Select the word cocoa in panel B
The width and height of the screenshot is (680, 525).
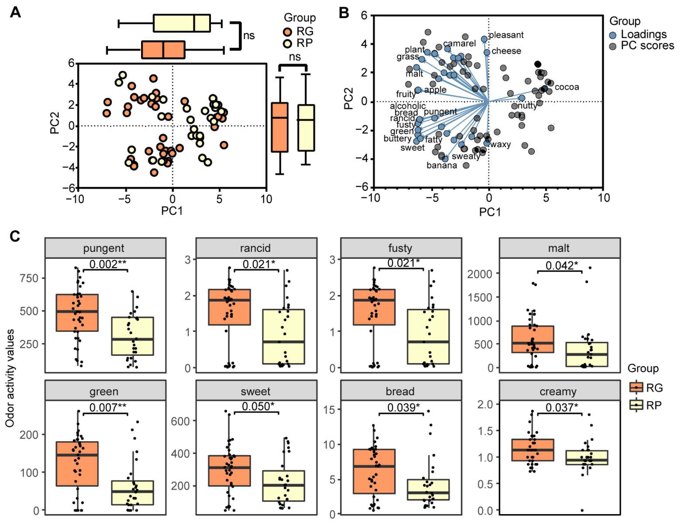tap(567, 87)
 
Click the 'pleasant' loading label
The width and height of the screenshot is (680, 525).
tap(506, 35)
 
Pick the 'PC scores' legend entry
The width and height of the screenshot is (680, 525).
tap(647, 46)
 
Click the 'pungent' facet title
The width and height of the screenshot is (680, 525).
tap(104, 248)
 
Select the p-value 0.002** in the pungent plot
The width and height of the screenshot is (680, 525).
tap(108, 264)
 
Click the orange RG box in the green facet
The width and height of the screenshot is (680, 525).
tap(77, 464)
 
